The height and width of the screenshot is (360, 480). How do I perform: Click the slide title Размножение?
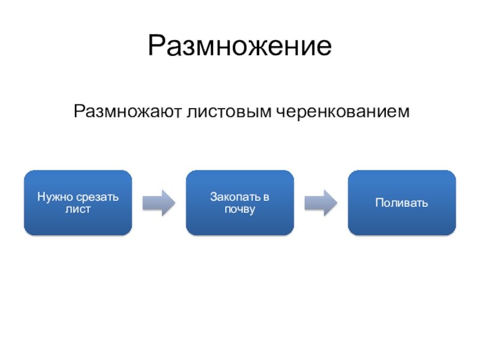240,46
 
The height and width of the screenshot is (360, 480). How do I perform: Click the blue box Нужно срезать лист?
78,202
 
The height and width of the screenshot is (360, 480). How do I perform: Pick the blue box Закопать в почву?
240,202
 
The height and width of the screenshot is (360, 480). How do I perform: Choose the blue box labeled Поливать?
402,202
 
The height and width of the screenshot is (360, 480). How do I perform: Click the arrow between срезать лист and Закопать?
158,203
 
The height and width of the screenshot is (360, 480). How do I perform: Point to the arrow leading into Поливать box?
320,203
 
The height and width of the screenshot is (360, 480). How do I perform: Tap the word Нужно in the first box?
51,196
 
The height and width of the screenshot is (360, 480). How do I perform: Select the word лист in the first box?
78,209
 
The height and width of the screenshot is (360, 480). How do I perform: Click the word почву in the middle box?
240,209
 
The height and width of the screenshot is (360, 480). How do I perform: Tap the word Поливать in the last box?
402,203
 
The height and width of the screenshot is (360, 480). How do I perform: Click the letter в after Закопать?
266,196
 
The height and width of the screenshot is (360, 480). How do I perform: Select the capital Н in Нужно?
40,196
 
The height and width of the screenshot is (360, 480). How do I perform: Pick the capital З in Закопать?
212,196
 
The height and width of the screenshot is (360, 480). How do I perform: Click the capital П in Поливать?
379,203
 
